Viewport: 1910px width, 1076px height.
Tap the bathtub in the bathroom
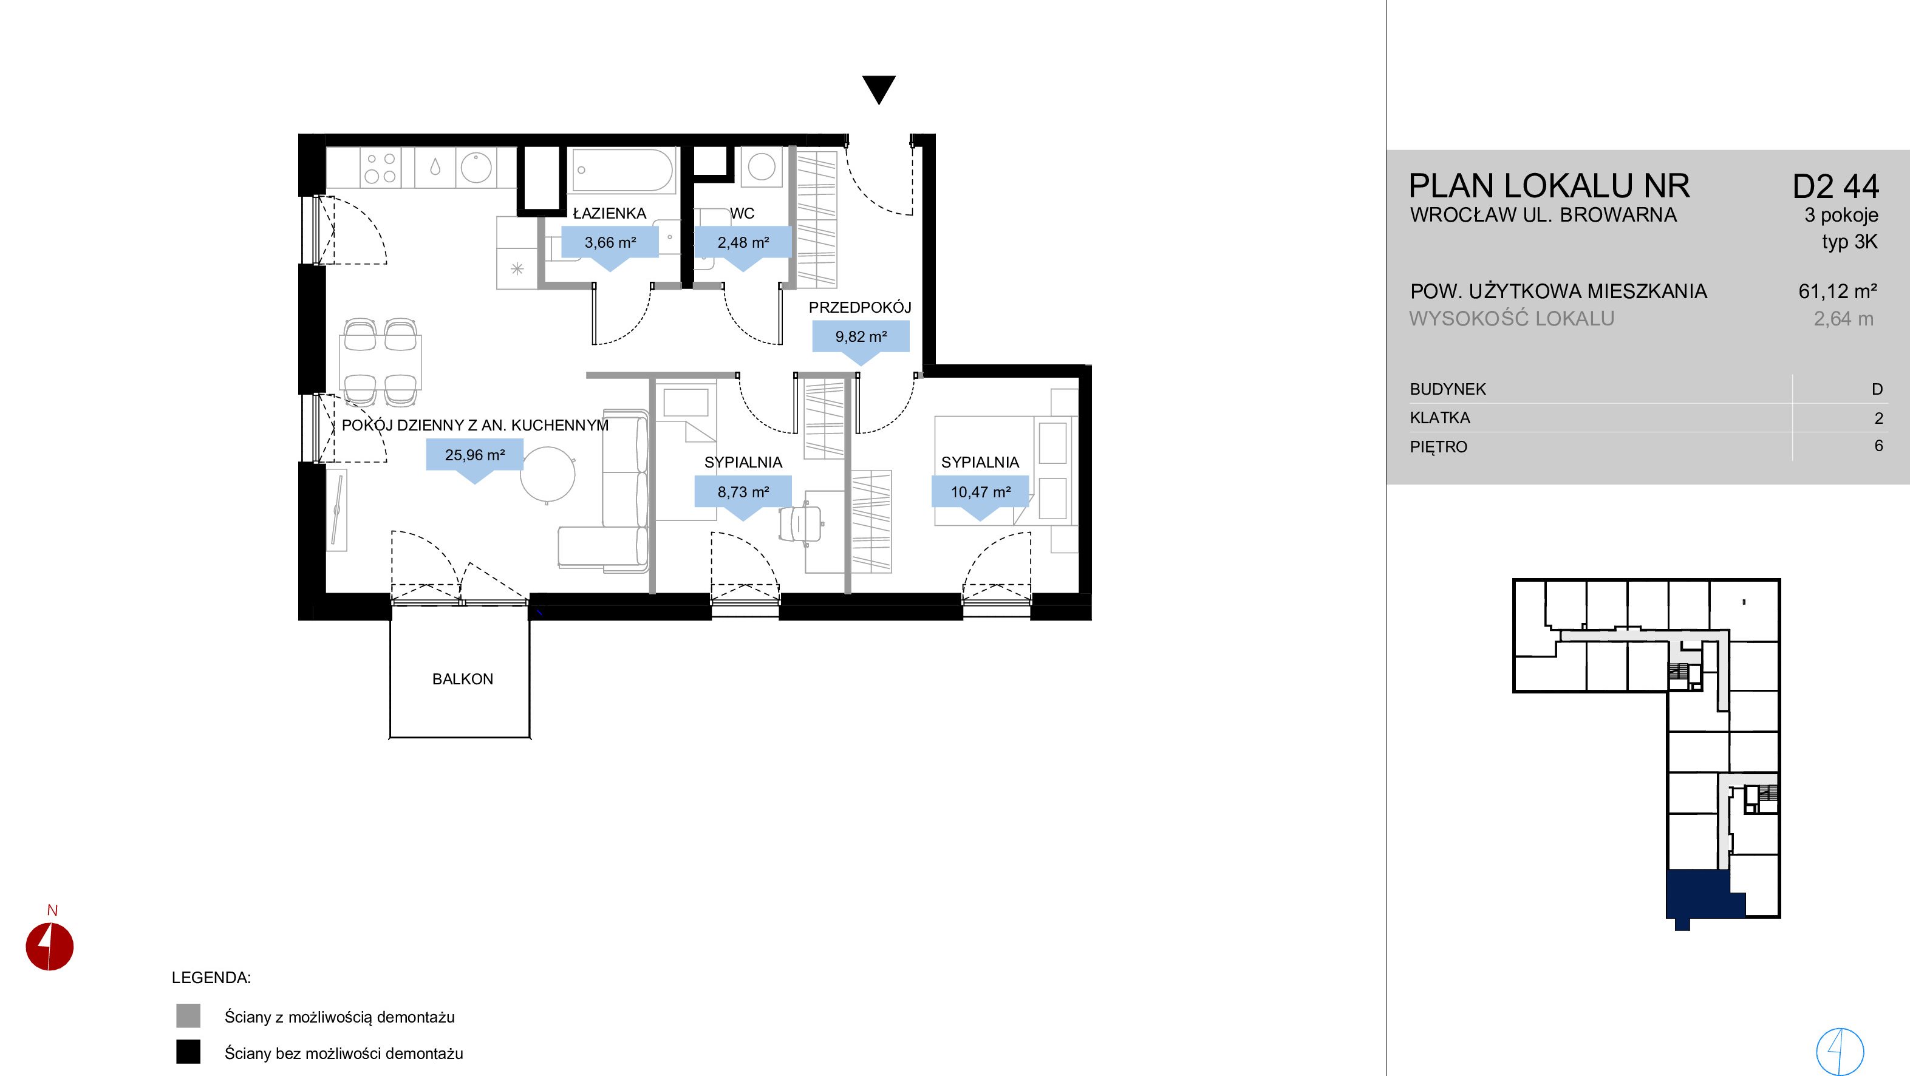pos(623,171)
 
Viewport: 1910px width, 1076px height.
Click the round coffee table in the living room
pos(547,475)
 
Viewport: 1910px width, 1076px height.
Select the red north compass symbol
pos(50,945)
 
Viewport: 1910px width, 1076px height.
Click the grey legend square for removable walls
pos(188,1015)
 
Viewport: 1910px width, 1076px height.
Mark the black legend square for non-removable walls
pos(188,1052)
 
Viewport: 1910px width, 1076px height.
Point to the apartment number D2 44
pos(1835,186)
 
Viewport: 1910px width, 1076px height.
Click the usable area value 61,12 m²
pos(1837,291)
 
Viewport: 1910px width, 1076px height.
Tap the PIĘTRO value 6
pos(1878,446)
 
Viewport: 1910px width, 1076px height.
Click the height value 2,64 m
pos(1843,319)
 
